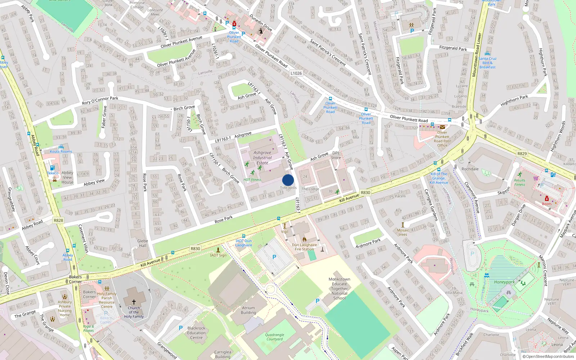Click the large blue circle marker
pos(288,180)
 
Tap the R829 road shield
pos(522,154)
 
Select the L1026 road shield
pos(296,73)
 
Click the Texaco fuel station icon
pos(53,168)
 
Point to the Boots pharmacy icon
pos(546,198)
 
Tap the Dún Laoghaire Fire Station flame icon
pos(304,239)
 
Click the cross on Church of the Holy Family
pos(134,302)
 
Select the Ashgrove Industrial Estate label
pos(262,158)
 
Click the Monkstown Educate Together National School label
pos(339,288)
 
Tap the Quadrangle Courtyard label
pos(275,337)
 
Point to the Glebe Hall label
pos(143,243)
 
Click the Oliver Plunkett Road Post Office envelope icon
pos(442,127)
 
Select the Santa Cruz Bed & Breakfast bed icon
pos(487,54)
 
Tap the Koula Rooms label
pos(61,152)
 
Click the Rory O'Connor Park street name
pos(100,100)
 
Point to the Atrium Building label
pos(248,310)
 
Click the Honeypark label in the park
pos(504,282)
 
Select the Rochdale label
pos(470,169)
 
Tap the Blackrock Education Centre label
pos(196,333)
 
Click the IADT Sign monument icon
pos(218,249)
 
